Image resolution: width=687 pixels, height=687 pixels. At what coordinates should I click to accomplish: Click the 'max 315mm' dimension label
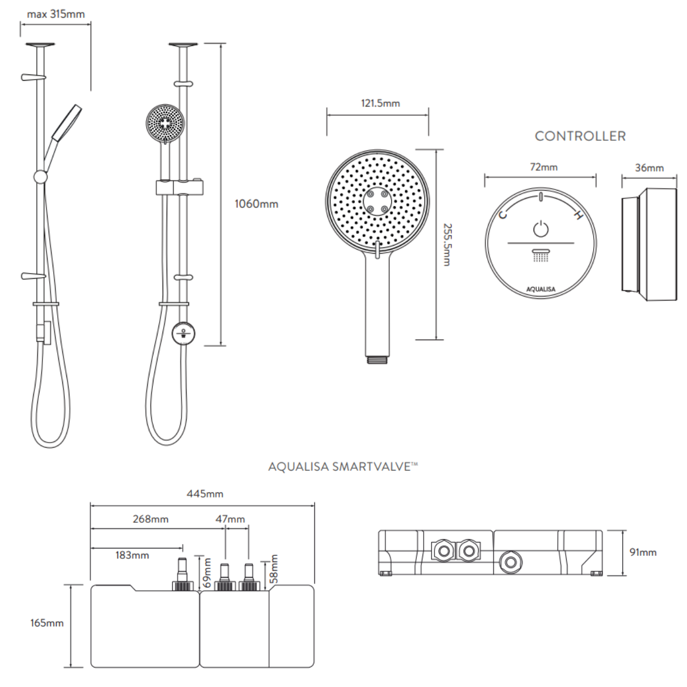56,14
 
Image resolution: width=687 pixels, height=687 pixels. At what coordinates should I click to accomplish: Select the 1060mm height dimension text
256,204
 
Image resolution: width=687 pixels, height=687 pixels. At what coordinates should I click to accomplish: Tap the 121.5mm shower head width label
380,103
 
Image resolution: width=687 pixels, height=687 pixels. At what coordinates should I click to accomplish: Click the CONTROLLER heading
580,136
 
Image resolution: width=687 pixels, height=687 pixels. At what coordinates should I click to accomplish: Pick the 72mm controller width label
543,167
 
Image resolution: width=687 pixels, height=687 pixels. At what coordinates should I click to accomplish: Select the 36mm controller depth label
649,168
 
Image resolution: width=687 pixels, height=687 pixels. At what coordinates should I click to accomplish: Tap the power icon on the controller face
541,229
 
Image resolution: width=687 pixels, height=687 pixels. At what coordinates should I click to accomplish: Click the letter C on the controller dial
503,215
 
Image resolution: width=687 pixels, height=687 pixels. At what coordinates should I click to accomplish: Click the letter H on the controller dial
578,216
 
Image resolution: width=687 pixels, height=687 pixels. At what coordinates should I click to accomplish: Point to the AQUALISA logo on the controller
541,290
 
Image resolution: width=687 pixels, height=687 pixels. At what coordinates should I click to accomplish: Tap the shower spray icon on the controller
541,255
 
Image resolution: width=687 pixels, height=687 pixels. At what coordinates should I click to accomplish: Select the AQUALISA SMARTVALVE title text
342,467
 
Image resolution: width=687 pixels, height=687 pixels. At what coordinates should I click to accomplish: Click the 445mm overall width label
205,493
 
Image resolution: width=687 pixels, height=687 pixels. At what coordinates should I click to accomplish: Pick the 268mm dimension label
151,519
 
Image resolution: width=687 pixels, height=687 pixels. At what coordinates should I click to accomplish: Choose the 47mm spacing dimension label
230,519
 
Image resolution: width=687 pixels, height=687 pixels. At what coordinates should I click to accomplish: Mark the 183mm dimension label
132,555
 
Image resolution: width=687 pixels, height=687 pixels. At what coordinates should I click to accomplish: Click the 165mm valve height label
47,623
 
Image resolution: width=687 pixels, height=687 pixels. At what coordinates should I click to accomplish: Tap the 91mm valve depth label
643,552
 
